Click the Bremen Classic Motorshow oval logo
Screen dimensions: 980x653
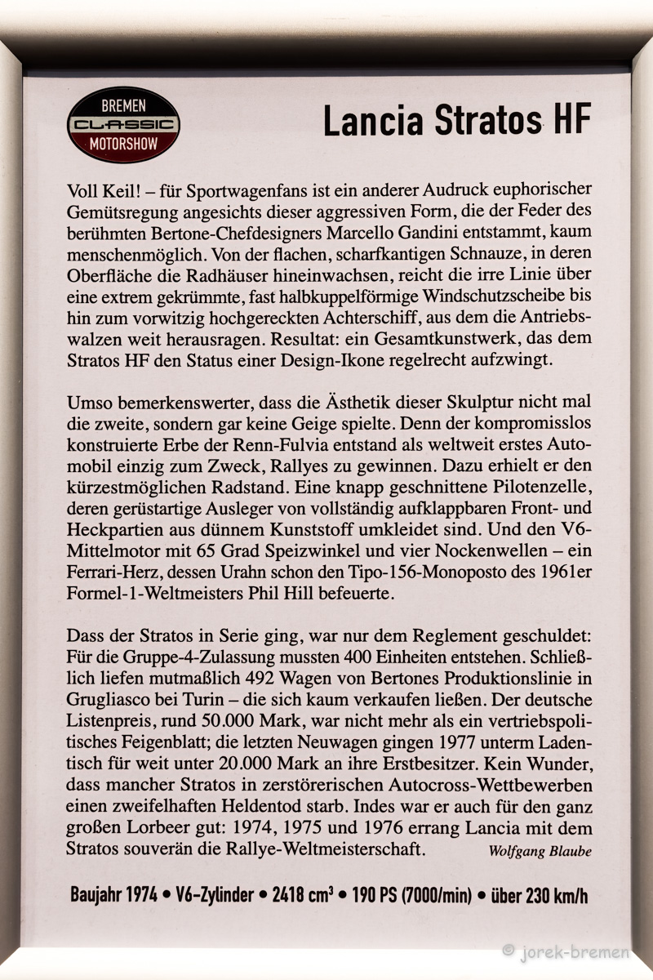(x=123, y=124)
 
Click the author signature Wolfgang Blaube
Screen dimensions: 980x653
(x=540, y=851)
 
